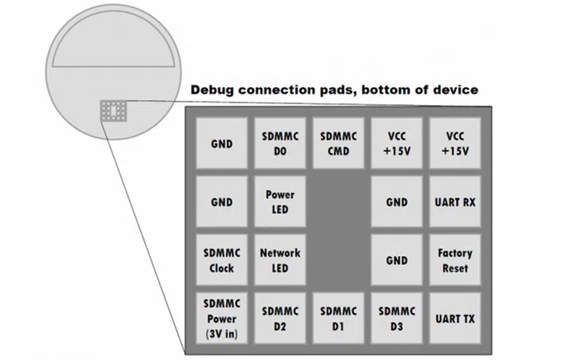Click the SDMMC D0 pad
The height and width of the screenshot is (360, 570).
tap(280, 144)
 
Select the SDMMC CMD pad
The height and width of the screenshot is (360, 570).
tap(338, 144)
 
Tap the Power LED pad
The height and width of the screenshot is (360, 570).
tap(280, 202)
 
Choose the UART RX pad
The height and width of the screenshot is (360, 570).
tap(455, 202)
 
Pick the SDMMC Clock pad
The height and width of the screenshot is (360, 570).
tap(222, 260)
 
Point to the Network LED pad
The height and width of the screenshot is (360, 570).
tap(280, 260)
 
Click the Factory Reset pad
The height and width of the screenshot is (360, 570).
tap(455, 260)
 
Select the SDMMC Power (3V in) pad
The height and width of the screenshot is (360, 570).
tap(222, 318)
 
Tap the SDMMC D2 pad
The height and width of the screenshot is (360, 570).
tap(280, 318)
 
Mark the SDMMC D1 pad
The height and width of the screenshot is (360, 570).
tap(338, 318)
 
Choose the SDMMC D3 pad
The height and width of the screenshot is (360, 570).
tap(397, 318)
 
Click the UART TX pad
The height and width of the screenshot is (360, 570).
tap(455, 318)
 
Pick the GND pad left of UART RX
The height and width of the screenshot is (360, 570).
tap(397, 202)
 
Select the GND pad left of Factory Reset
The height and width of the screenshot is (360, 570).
tap(397, 260)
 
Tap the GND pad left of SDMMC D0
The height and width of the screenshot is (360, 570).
tap(222, 144)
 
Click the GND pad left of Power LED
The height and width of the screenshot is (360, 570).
tap(222, 202)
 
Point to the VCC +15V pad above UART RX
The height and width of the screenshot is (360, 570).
tap(455, 144)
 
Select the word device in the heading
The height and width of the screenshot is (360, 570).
tap(455, 89)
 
